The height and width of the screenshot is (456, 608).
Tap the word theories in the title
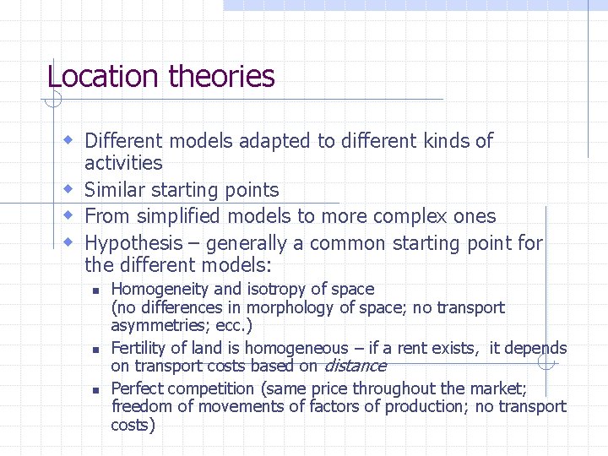(221, 76)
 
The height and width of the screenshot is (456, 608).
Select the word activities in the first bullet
(123, 163)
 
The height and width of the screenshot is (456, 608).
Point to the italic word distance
(355, 366)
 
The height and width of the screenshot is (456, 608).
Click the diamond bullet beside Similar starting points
(71, 189)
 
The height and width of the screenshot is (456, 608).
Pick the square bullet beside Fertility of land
(95, 349)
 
